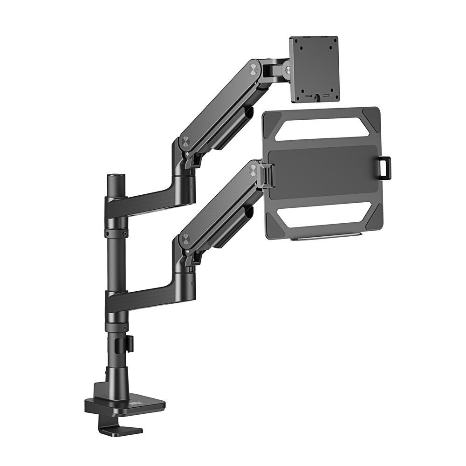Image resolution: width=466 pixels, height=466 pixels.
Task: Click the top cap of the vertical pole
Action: tap(115, 177)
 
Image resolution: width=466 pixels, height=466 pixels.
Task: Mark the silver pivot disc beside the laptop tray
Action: tap(253, 170)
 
